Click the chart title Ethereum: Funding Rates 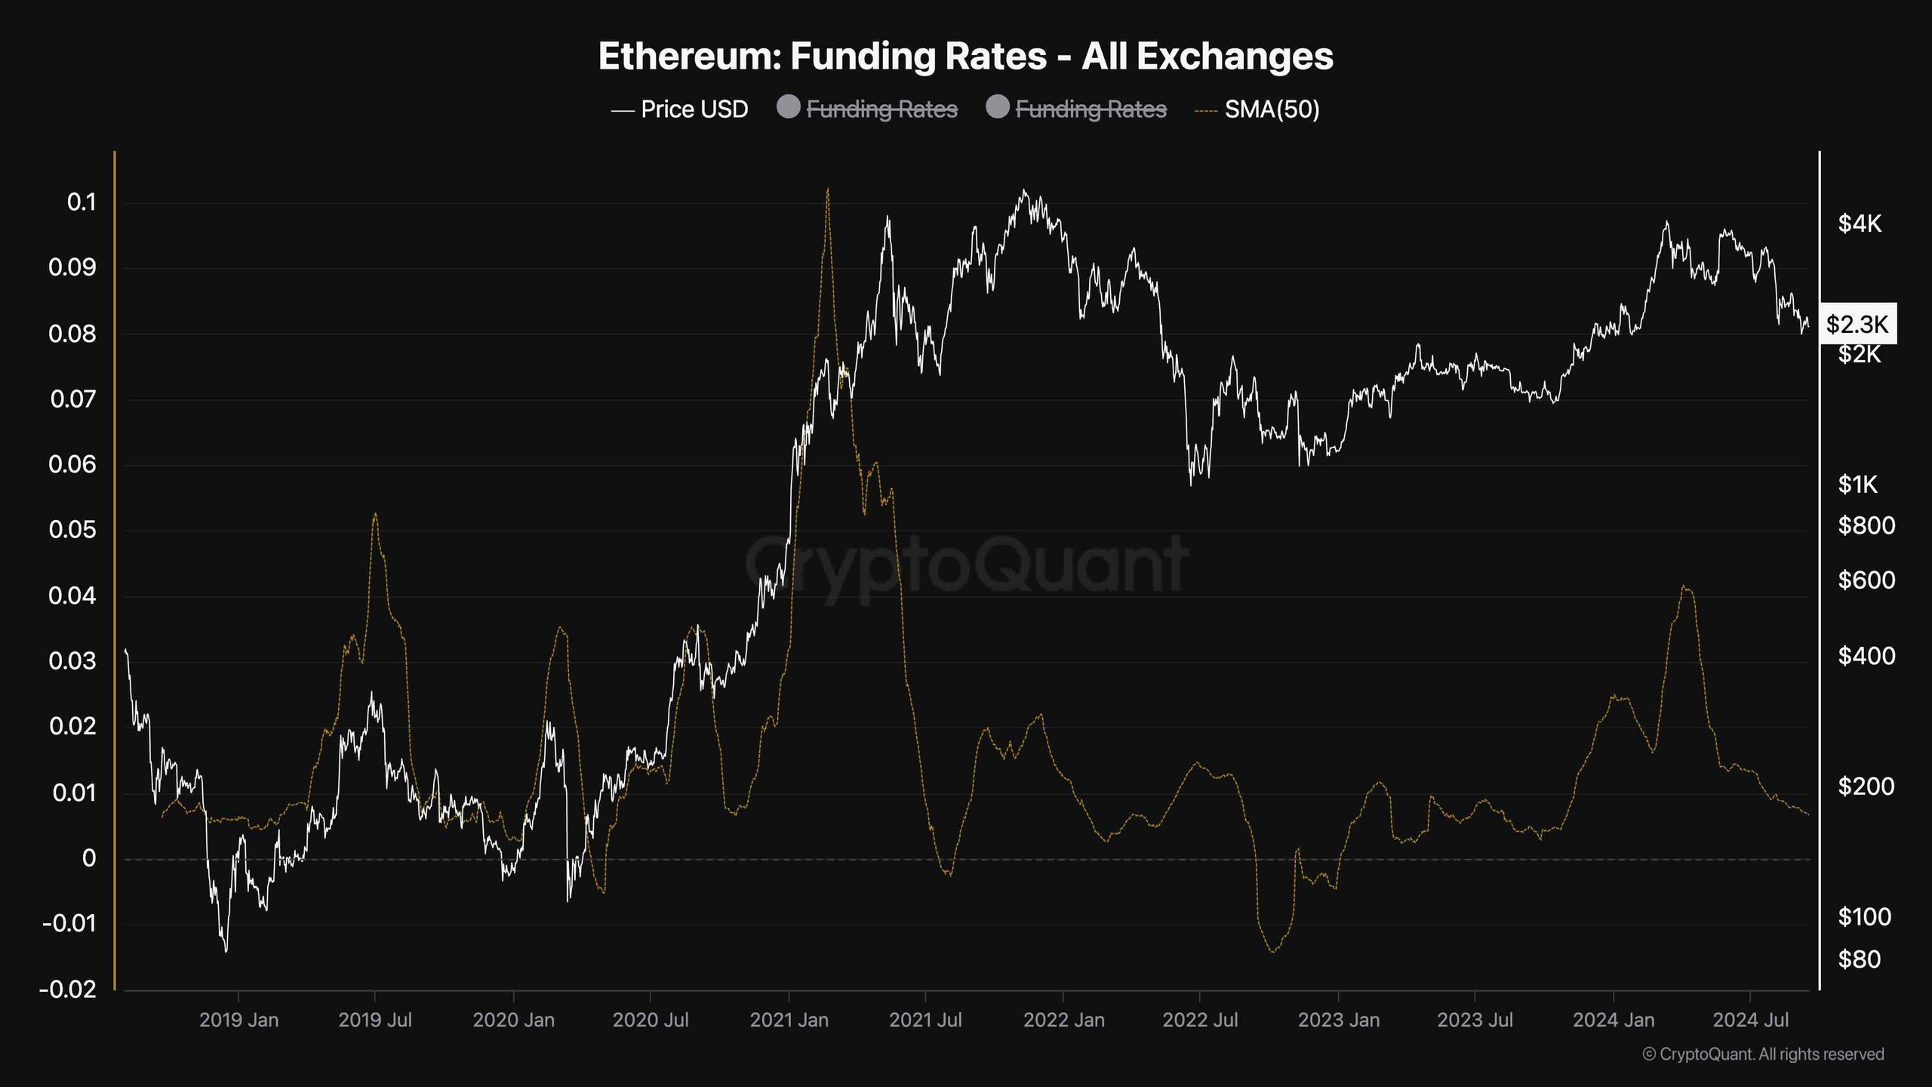[965, 57]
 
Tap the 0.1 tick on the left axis [82, 202]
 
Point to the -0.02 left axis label [68, 989]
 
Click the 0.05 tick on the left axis [72, 530]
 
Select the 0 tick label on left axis [89, 858]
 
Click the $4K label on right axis [1860, 223]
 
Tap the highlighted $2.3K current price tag [1857, 325]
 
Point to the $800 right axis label [1866, 525]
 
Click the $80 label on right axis [1860, 959]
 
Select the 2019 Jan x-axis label [238, 1021]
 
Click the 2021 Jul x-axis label [925, 1021]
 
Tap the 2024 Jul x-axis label [1750, 1021]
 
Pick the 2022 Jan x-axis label [1063, 1021]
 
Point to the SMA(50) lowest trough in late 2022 [1273, 951]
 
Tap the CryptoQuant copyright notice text [1763, 1055]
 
